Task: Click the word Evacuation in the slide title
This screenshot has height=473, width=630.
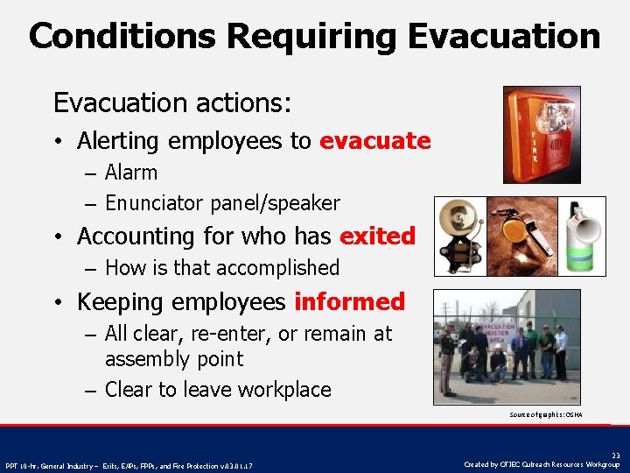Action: tap(503, 37)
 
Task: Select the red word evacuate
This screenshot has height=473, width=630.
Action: tap(374, 141)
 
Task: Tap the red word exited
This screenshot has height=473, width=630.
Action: tap(377, 236)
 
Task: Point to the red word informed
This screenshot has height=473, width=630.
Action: tap(349, 302)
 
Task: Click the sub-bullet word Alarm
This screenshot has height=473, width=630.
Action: tap(131, 173)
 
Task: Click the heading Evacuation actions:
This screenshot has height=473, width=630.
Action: tap(172, 103)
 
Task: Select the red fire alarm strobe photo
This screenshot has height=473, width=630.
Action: tap(542, 134)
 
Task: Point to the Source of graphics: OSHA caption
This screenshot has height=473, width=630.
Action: tap(545, 414)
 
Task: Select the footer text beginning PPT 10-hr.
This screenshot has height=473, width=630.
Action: tap(129, 466)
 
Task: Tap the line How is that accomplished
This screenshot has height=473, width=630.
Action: tap(221, 268)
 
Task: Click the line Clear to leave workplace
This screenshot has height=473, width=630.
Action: tap(217, 390)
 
